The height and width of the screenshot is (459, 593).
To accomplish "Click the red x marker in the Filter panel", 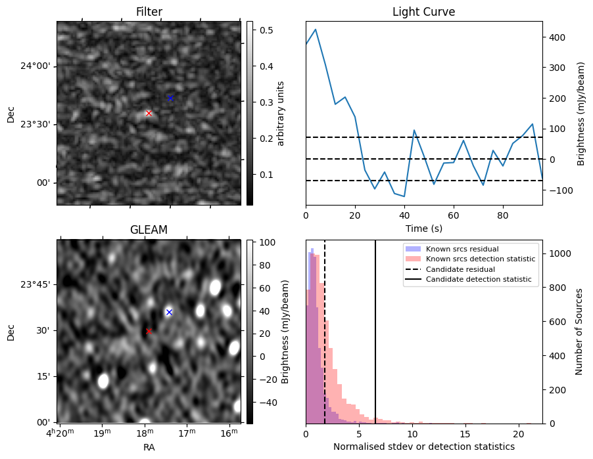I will coord(149,113).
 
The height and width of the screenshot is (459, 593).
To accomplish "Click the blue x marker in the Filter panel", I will coord(170,98).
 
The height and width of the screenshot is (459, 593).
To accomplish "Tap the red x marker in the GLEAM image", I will coord(149,331).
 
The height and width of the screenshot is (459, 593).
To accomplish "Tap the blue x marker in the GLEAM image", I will coord(169,312).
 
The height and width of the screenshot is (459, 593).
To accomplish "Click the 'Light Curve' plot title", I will coord(423,12).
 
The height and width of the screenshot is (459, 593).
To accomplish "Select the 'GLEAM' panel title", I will coord(149,230).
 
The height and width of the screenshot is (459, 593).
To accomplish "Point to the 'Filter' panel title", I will coord(149,12).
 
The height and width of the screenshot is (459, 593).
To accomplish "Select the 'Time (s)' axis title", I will coord(423,228).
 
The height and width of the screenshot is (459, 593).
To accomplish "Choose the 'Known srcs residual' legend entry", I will coord(462,249).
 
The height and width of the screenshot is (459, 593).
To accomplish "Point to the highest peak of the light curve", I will coord(316,30).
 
